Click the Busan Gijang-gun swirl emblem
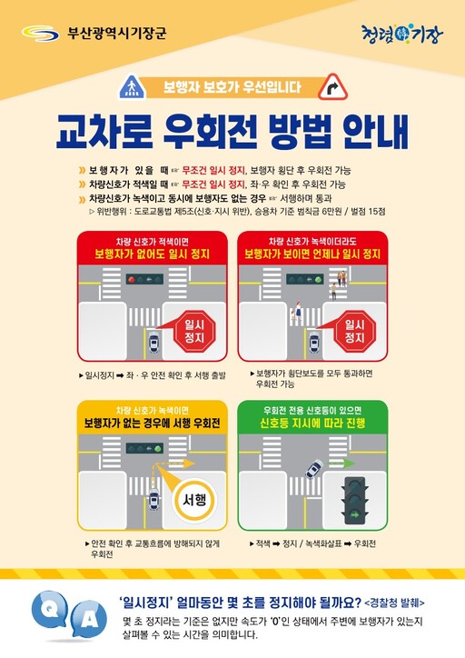(x=38, y=35)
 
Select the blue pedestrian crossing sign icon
(x=132, y=88)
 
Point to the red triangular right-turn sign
(x=334, y=88)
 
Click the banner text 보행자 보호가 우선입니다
(x=232, y=88)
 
